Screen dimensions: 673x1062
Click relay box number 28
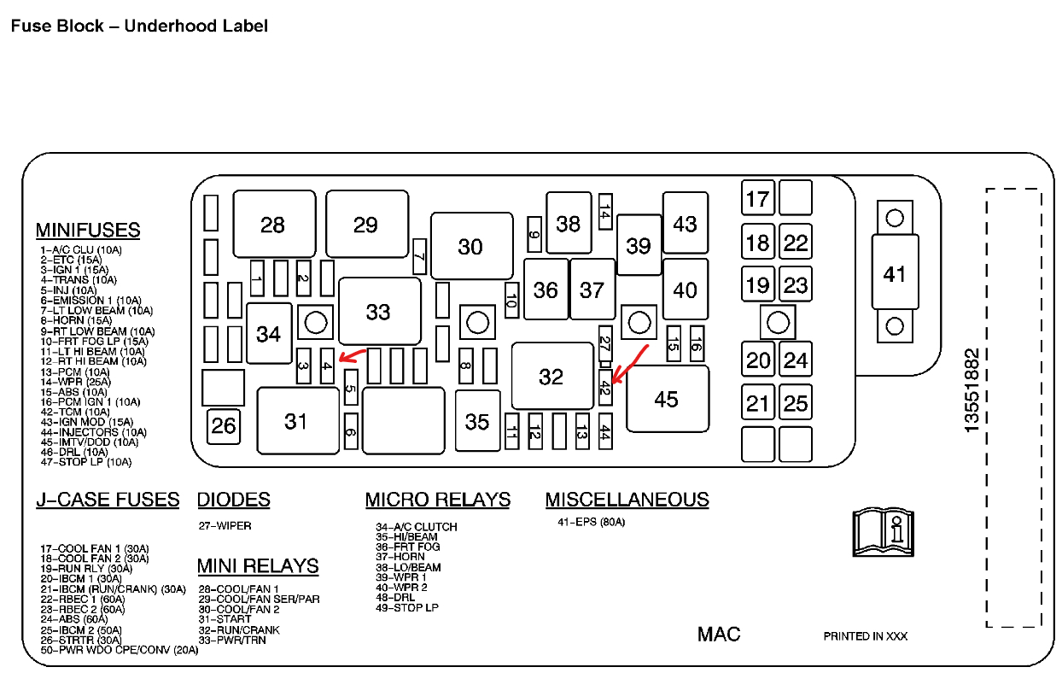click(x=273, y=224)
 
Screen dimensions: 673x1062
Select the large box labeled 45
click(x=667, y=399)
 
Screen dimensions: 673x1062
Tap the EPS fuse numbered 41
click(x=894, y=273)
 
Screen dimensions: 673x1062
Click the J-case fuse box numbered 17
click(x=757, y=199)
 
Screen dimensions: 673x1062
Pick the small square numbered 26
click(x=224, y=424)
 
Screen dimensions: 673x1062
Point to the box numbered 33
click(x=378, y=311)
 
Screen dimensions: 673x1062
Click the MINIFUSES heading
click(x=88, y=230)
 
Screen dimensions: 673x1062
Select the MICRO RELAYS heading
click(x=437, y=500)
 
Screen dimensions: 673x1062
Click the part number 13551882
click(x=972, y=389)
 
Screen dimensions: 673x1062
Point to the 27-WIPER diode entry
click(x=225, y=526)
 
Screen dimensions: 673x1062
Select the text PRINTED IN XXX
click(x=865, y=636)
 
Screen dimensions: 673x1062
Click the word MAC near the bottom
click(x=719, y=634)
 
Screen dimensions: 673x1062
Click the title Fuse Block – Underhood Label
click(x=139, y=26)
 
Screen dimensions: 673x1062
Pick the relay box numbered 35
click(x=477, y=421)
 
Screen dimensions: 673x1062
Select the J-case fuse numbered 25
click(x=796, y=402)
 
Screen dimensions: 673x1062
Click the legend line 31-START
click(x=225, y=619)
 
